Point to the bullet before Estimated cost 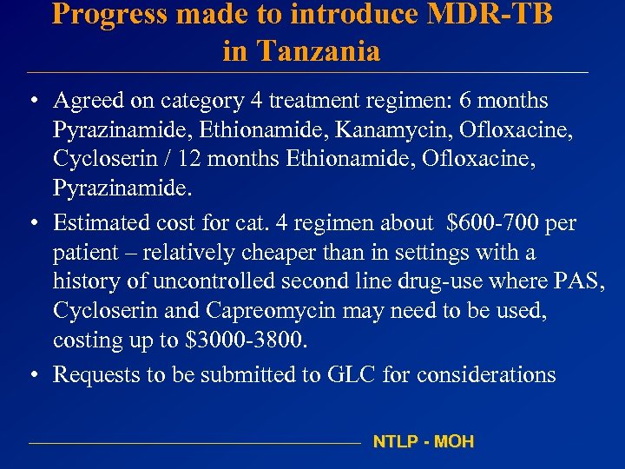pos(31,224)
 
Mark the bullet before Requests pos(31,375)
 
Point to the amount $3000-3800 pos(247,340)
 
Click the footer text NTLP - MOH pos(424,442)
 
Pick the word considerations pos(486,374)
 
